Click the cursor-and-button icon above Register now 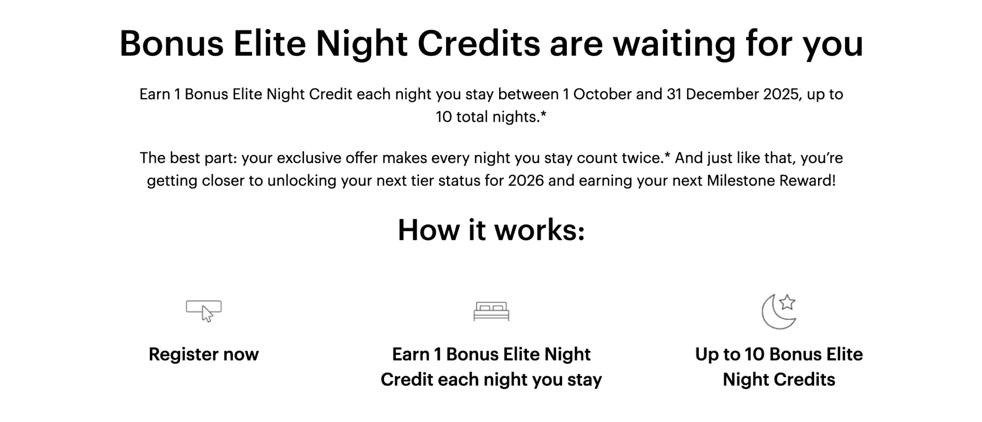coord(204,311)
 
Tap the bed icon coord(491,311)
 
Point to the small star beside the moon coord(787,303)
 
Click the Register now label coord(204,354)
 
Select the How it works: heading coord(491,230)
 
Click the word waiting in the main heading coord(674,44)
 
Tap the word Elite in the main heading coord(269,44)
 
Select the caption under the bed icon coord(491,367)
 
